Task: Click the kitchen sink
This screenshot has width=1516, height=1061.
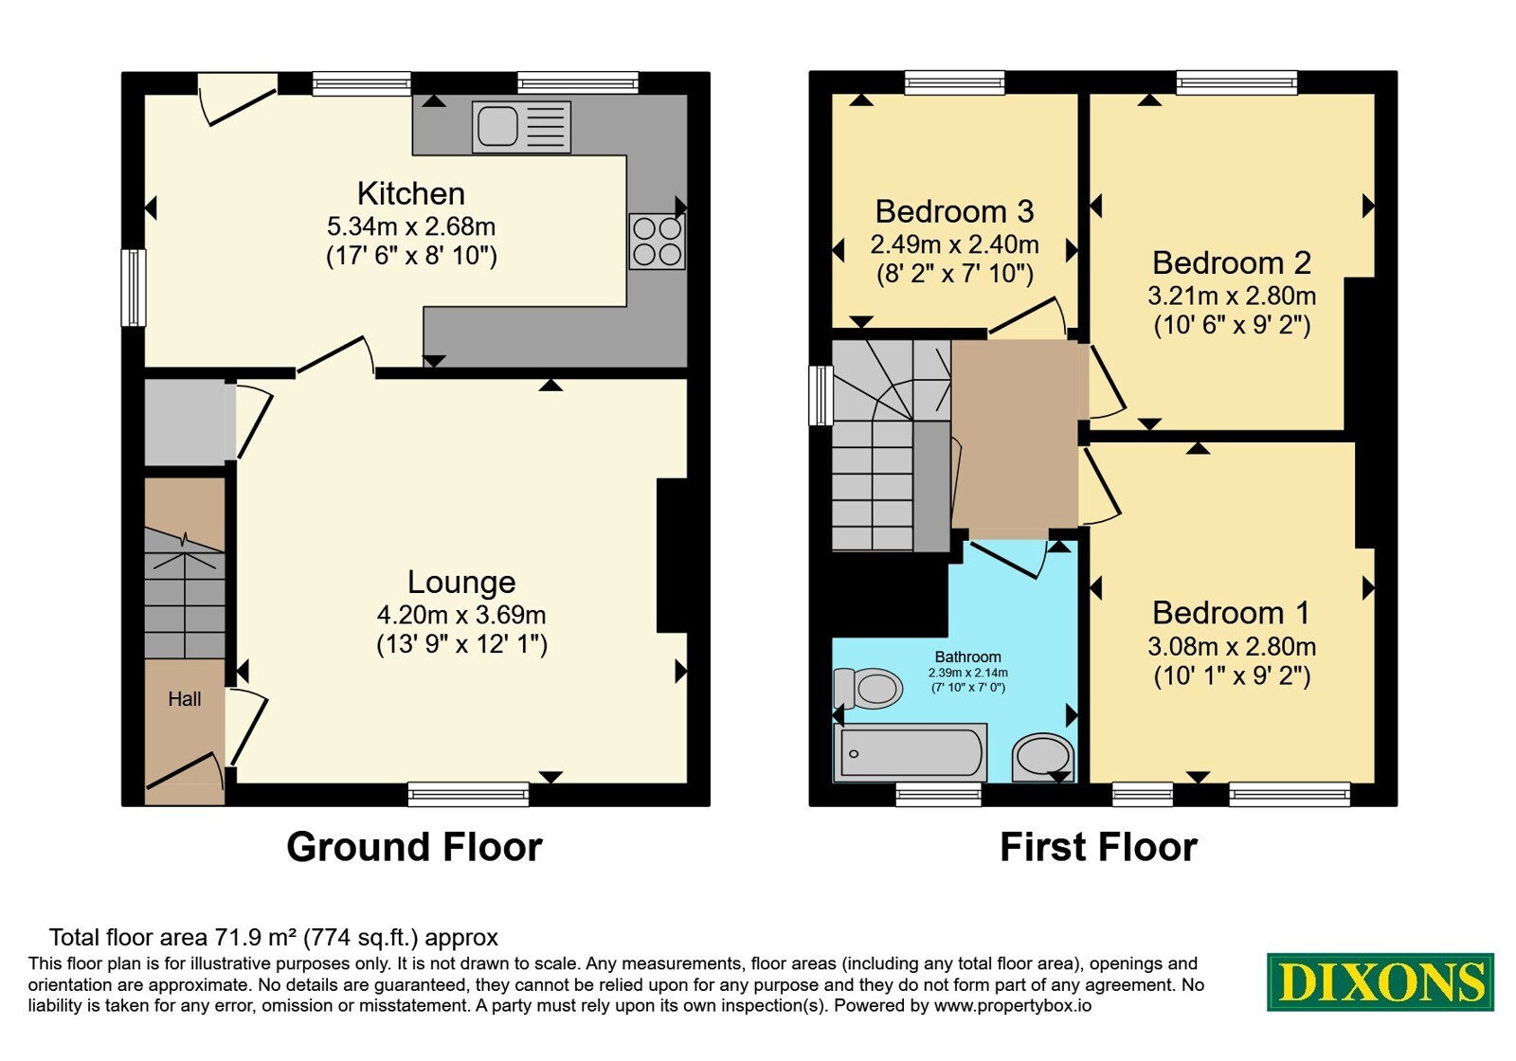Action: [521, 127]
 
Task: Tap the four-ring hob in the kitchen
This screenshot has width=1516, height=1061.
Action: [657, 242]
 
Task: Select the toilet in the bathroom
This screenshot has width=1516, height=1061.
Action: [868, 688]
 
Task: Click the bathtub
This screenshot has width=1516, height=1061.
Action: [911, 752]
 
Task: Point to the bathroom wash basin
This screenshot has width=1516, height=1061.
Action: [1043, 758]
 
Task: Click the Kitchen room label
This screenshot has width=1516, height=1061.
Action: [411, 194]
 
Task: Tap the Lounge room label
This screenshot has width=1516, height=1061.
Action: [461, 583]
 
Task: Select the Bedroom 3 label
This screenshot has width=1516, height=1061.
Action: [954, 212]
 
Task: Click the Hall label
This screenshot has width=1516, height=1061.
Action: [185, 699]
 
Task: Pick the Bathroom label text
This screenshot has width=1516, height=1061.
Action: [967, 657]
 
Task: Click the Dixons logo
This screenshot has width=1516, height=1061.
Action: [1380, 981]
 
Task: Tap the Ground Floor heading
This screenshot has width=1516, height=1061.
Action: [414, 847]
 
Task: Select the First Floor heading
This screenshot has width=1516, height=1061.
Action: [1098, 847]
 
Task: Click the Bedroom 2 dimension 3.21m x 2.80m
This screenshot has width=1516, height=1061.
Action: [1232, 297]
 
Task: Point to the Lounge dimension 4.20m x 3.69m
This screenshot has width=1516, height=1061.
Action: [461, 615]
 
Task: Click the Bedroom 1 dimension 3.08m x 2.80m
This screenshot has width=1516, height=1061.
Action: [1232, 647]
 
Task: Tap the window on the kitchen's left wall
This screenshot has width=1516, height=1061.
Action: [134, 288]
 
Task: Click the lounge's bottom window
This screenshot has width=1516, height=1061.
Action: [468, 795]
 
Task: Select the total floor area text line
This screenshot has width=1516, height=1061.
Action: [274, 938]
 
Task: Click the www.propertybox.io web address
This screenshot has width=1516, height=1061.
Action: [1013, 1006]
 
